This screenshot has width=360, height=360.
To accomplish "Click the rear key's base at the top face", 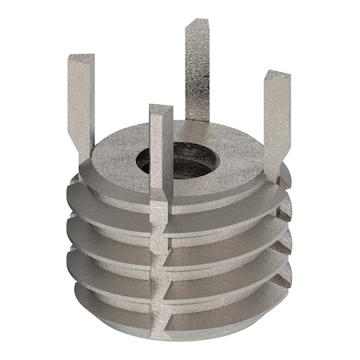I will click(x=197, y=120).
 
